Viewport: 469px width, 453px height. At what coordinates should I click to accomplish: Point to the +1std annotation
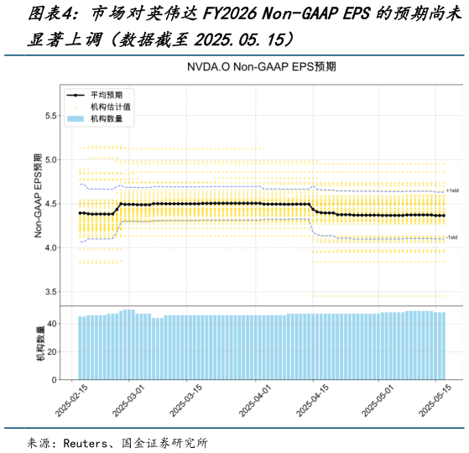pos(452,191)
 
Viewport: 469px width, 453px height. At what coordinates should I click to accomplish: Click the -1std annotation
pos(452,237)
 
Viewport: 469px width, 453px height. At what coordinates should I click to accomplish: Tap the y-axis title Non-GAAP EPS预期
pos(38,195)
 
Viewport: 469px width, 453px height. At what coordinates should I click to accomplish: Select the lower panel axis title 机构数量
pos(39,346)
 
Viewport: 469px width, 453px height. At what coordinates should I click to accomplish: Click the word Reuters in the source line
pos(86,442)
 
